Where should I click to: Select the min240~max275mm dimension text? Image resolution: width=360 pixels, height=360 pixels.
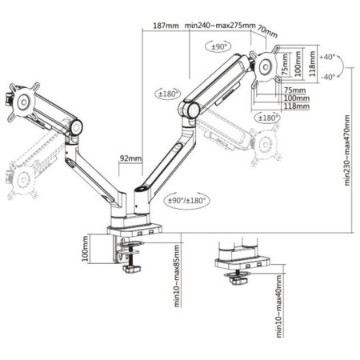point(220,26)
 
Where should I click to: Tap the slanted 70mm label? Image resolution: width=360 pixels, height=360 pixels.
point(267,31)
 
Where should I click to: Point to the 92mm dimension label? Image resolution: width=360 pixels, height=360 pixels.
point(130,158)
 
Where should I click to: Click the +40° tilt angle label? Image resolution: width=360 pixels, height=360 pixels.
point(327,57)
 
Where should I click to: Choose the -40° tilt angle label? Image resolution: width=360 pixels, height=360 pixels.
point(328,77)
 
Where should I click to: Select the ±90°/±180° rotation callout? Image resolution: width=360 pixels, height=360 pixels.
point(186,200)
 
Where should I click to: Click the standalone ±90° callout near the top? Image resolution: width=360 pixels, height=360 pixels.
point(218,47)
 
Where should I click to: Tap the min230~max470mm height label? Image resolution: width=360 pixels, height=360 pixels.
point(347,150)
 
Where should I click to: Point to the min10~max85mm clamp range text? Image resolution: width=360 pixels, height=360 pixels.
point(177,276)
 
